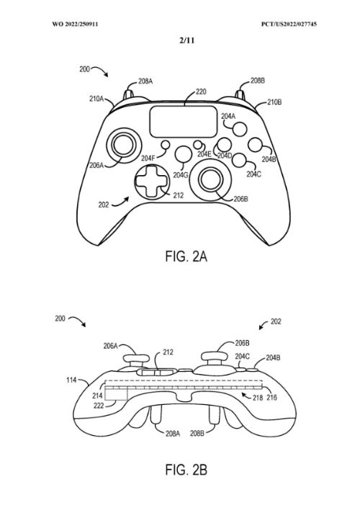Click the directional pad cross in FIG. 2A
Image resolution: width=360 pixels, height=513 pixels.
tap(153, 181)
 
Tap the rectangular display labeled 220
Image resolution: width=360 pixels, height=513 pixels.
tap(183, 121)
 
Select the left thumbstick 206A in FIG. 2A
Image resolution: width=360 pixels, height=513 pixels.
tap(123, 145)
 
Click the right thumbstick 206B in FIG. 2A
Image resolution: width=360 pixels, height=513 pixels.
tap(210, 179)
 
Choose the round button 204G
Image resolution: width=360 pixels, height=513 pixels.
tap(183, 154)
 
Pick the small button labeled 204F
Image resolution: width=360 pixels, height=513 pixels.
tap(166, 145)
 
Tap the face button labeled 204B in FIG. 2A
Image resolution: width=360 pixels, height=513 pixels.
tap(256, 145)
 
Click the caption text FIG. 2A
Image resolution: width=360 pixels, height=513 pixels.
tap(186, 256)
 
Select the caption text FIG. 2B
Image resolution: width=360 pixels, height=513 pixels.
tap(186, 470)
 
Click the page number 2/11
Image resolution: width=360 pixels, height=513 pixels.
tap(186, 40)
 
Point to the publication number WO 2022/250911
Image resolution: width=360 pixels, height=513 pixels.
tap(75, 24)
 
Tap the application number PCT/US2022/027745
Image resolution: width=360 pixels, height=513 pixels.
tap(289, 24)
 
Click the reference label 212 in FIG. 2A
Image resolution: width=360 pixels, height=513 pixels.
tap(179, 195)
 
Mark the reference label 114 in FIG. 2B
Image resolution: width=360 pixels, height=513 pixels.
tap(71, 380)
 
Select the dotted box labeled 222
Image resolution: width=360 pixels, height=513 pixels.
tap(116, 395)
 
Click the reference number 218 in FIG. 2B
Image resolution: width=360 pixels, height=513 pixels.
tap(258, 398)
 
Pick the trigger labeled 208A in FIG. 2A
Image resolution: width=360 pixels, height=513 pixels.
tap(128, 94)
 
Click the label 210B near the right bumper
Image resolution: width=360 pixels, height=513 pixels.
tap(274, 102)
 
